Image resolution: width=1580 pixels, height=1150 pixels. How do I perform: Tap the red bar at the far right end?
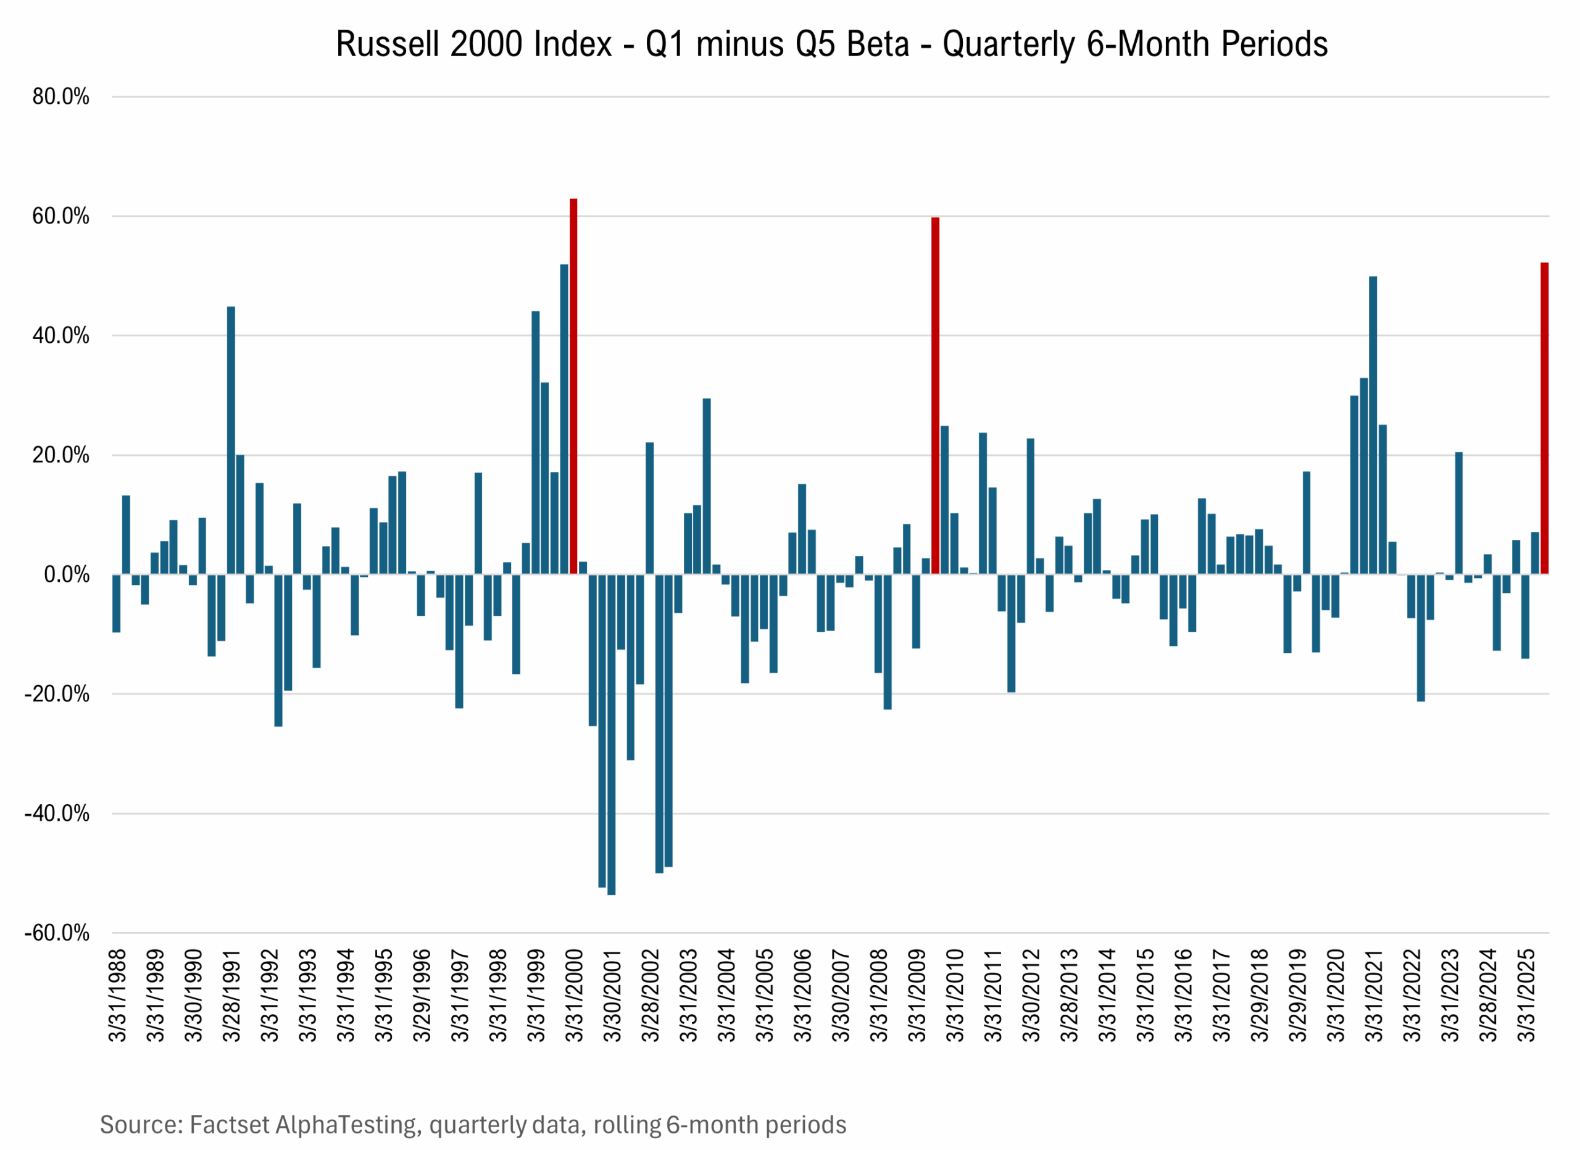(1544, 418)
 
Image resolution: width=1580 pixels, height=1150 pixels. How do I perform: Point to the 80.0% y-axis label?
(61, 97)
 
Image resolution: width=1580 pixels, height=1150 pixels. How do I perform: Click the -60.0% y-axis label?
(58, 933)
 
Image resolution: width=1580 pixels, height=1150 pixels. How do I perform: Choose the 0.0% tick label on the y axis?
(67, 575)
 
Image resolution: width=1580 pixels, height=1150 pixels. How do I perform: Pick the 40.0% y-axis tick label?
(61, 336)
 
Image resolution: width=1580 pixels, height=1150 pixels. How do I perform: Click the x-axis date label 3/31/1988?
(118, 994)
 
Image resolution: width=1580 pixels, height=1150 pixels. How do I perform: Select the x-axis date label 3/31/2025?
(1526, 994)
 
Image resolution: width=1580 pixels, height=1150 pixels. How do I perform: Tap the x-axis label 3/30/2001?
(612, 994)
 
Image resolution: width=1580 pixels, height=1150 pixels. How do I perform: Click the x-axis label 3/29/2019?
(1298, 994)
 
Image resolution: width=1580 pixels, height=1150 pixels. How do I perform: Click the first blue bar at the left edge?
(117, 603)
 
